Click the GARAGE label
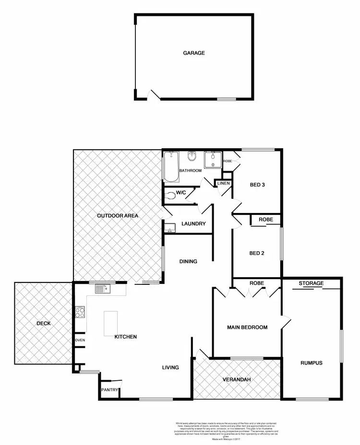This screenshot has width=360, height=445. click(x=194, y=53)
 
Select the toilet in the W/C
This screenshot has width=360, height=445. click(x=170, y=196)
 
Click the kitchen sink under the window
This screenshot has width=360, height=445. click(x=102, y=289)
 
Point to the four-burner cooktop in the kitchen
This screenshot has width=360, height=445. click(x=80, y=313)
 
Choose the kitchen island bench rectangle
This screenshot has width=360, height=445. click(x=111, y=323)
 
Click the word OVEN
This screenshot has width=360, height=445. click(x=80, y=340)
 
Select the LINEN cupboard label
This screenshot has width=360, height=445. click(x=224, y=184)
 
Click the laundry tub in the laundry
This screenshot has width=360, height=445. click(x=170, y=228)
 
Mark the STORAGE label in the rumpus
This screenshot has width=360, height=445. click(x=311, y=283)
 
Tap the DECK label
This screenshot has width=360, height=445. click(x=43, y=323)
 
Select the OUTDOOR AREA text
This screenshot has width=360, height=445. click(x=118, y=216)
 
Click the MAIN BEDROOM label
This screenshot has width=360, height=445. click(x=247, y=328)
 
